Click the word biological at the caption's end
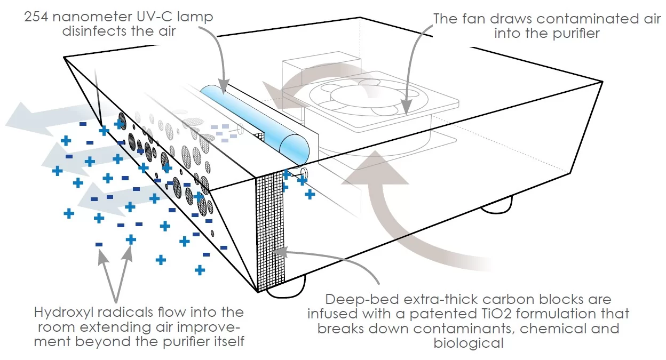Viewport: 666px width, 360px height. [x=469, y=342]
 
